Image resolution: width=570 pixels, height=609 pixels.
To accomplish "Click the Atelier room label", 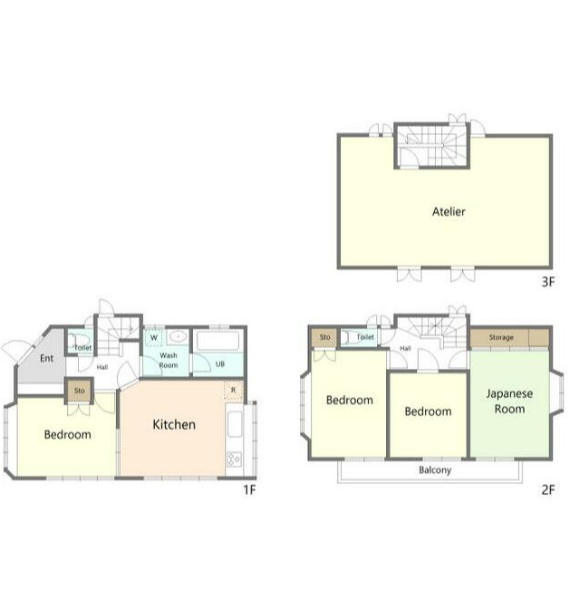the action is point(449,212).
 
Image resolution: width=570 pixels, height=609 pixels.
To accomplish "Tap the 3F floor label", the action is point(548,282).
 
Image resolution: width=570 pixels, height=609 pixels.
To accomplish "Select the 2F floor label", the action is point(548,489).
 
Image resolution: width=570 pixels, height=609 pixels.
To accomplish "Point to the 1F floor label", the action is point(250,489).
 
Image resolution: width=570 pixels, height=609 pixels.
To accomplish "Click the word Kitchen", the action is point(174,424).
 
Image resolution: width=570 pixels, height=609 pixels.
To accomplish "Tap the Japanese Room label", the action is point(509,401).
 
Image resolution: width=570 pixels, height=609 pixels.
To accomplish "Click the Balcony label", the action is point(435,470).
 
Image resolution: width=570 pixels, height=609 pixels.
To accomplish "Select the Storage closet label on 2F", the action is point(501,337).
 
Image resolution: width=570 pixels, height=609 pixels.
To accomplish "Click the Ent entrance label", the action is point(46,358).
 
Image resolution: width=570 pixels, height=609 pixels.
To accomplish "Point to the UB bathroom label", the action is point(220,364).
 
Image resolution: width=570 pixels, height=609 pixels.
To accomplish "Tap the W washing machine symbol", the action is point(154,337).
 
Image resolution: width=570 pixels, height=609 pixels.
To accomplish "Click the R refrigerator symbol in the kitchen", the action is point(234,390).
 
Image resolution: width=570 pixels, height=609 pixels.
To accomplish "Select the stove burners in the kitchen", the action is point(234,459).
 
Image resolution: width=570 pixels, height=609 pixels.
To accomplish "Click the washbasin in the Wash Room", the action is point(179,336).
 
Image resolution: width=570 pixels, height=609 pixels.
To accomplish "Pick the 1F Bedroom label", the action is point(68,435).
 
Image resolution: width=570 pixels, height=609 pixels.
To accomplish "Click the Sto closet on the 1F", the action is point(79,391).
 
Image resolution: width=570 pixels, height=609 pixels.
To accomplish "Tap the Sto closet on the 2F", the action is point(325,337).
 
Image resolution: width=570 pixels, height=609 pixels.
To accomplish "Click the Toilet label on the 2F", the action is point(365,337).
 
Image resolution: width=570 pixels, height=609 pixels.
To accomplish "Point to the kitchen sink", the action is point(234,424).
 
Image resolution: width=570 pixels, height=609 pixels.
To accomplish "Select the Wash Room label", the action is point(169,361).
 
